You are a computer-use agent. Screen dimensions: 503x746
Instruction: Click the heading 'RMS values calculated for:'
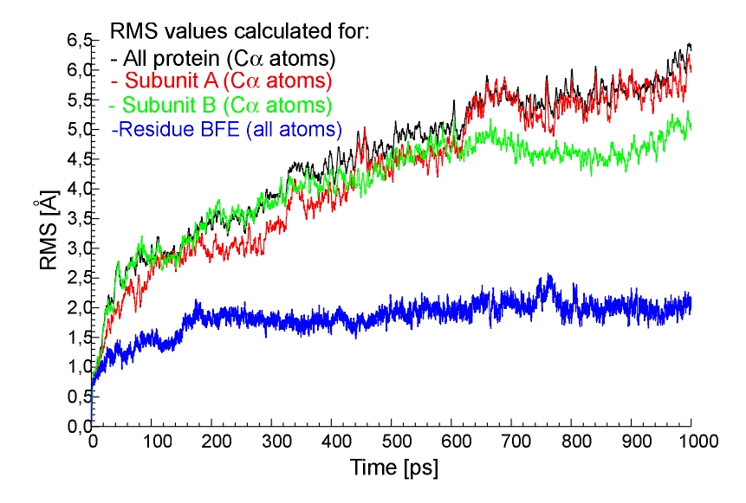tap(240, 33)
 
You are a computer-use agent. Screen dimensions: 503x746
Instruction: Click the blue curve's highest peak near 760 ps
tap(548, 276)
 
